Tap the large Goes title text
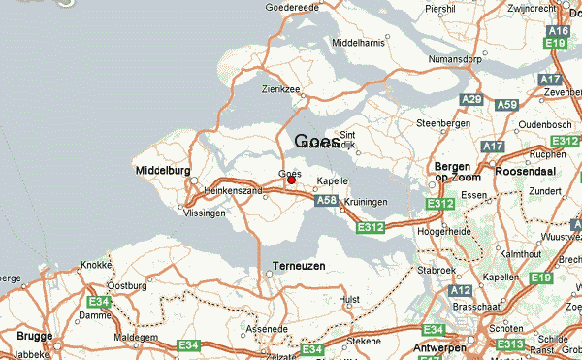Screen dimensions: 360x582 pos(317,142)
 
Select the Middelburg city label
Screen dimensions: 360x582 pos(161,171)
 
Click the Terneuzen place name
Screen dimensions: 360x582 pos(298,265)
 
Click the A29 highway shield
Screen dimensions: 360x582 pos(472,99)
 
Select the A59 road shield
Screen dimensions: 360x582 pos(506,104)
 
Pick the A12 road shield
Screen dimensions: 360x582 pos(462,290)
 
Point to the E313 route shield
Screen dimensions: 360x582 pos(509,344)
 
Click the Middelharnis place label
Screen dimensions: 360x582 pos(358,44)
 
